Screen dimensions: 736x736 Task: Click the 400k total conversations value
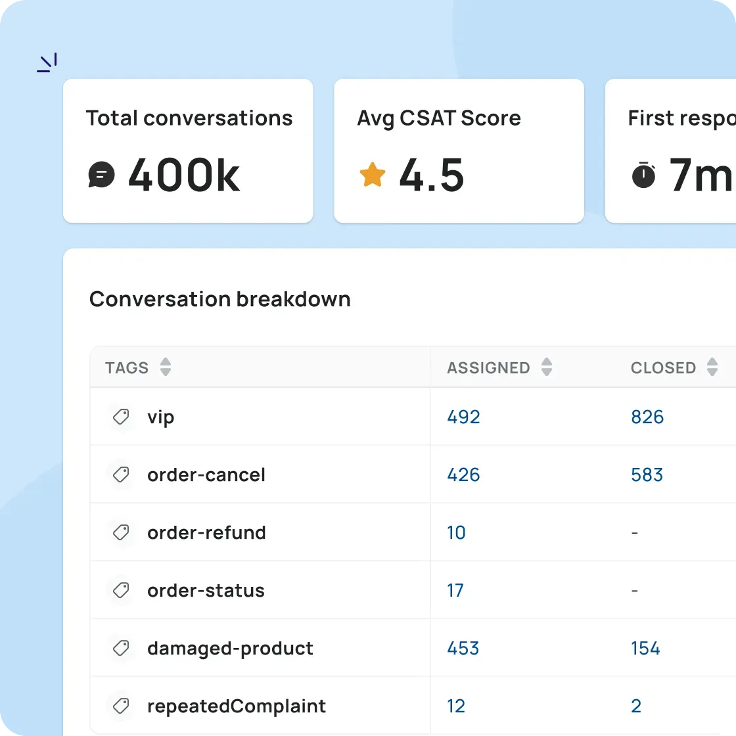[x=183, y=175]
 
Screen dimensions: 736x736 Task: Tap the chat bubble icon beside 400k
[x=101, y=175]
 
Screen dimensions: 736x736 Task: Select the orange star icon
[x=372, y=175]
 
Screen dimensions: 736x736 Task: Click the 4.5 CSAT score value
[x=432, y=175]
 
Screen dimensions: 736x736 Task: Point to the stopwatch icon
[x=643, y=175]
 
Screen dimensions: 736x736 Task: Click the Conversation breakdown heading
[x=219, y=300]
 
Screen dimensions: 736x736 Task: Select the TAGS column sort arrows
[x=166, y=367]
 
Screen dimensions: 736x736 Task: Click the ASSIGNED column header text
[x=488, y=368]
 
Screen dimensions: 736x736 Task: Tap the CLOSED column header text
[x=663, y=368]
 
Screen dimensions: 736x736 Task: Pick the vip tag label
[x=161, y=417]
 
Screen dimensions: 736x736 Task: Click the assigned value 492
[x=463, y=417]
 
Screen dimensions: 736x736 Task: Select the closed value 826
[x=647, y=417]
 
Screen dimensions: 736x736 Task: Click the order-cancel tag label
[x=206, y=475]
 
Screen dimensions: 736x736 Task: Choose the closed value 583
[x=647, y=475]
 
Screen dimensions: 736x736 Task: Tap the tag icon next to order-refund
[x=121, y=532]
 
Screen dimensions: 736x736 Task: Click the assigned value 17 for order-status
[x=455, y=591]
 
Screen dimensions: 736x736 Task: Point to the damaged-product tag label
[x=230, y=649]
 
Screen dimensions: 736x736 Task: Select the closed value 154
[x=645, y=649]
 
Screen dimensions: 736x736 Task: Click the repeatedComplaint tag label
[x=237, y=706]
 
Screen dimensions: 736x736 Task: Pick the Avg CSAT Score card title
[x=439, y=118]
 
